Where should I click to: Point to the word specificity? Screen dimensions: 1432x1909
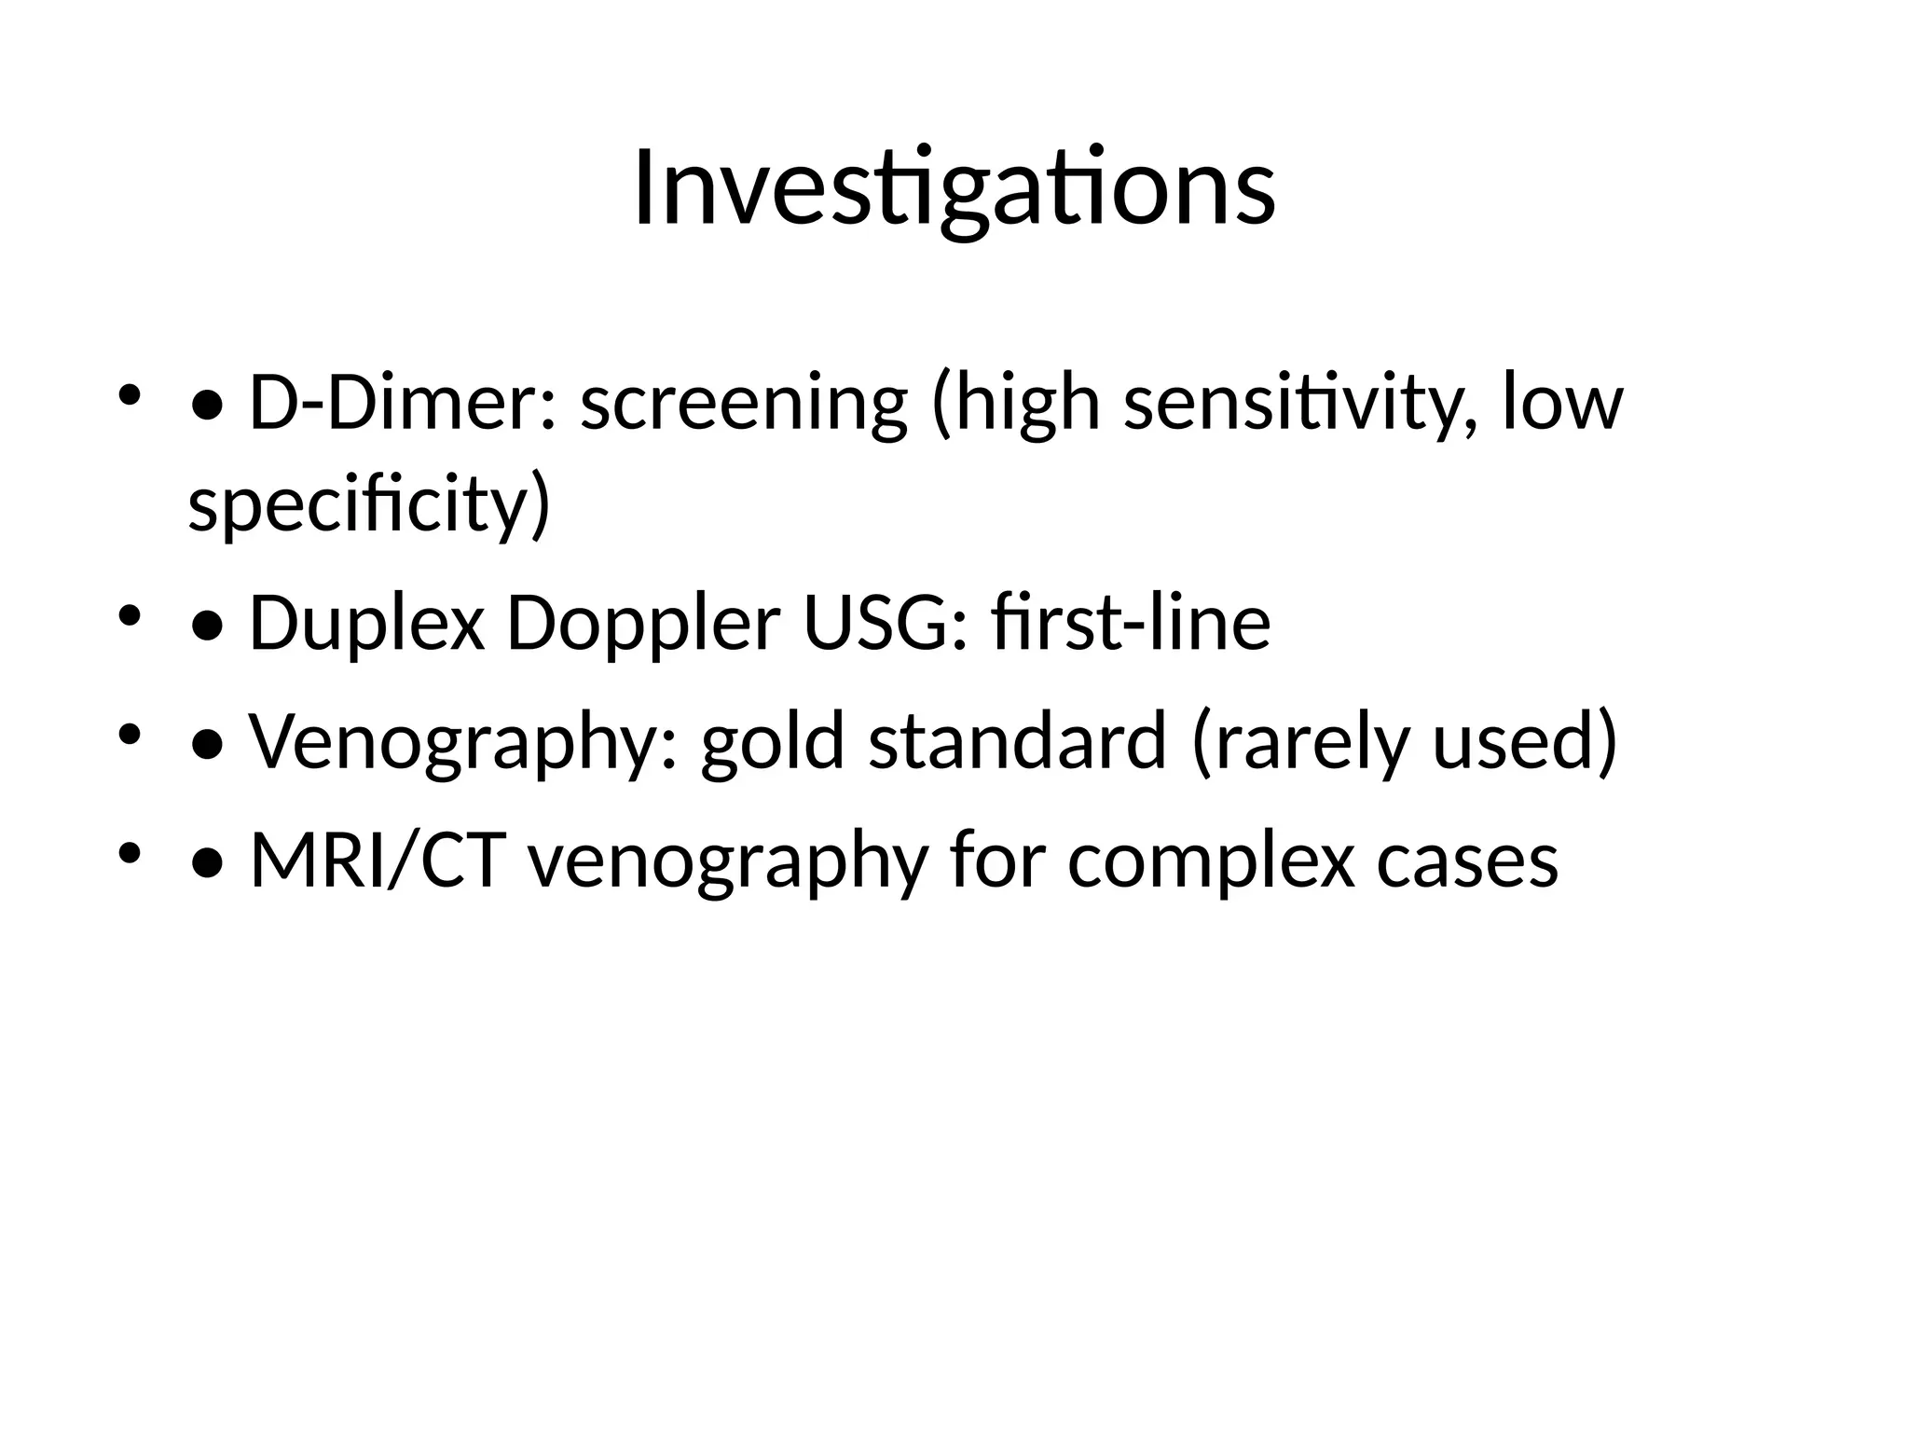pyautogui.click(x=369, y=503)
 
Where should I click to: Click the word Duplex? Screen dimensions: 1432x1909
pyautogui.click(x=367, y=623)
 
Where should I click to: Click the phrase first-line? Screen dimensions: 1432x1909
pyautogui.click(x=1131, y=623)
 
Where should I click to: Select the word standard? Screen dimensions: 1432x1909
pyautogui.click(x=1017, y=741)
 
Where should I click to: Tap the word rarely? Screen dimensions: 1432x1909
pyautogui.click(x=1299, y=741)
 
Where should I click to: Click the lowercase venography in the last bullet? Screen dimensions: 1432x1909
pyautogui.click(x=728, y=860)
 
